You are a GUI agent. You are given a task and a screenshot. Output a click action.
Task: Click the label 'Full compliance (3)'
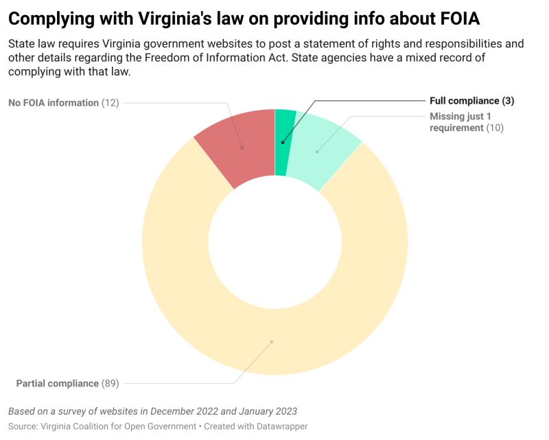point(471,101)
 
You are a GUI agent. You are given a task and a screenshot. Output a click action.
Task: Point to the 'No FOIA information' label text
point(54,103)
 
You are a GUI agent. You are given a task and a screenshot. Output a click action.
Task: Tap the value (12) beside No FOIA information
point(110,103)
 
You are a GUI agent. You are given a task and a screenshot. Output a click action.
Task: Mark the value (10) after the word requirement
point(495,128)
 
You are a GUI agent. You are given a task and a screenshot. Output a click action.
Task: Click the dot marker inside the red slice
point(243,147)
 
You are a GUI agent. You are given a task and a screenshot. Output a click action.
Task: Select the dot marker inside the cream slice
point(272,341)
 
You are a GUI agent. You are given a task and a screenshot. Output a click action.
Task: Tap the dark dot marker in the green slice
point(282,143)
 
